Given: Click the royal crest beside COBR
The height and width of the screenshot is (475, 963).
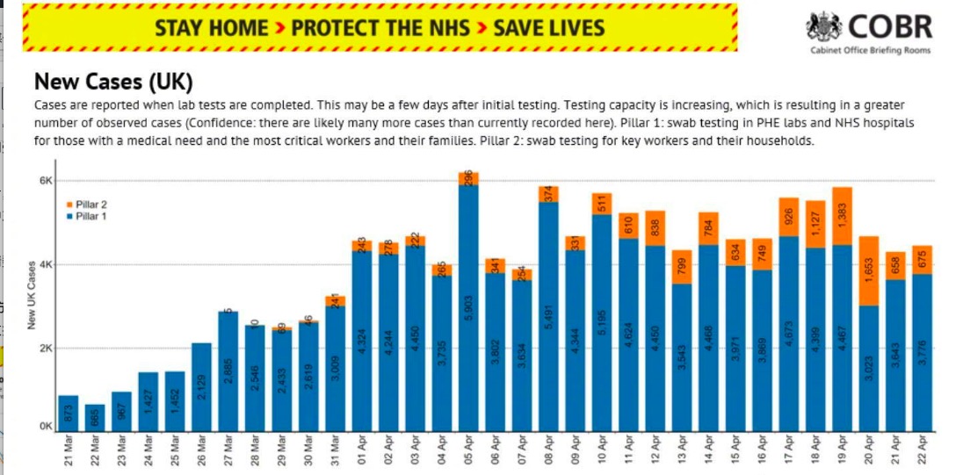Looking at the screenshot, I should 825,26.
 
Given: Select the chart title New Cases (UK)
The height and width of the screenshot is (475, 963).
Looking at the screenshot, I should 113,83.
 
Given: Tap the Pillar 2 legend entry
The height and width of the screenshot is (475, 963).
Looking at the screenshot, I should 91,204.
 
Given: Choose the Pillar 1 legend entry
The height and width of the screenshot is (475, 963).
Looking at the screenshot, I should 91,215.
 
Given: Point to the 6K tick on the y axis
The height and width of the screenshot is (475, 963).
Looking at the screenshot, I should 45,181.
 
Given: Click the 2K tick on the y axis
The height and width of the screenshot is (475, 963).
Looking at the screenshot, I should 45,348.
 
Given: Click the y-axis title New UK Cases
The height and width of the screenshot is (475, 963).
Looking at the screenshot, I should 32,295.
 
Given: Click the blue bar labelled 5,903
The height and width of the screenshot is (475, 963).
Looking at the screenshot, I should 468,307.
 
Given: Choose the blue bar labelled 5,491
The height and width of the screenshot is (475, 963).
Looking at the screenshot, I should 548,316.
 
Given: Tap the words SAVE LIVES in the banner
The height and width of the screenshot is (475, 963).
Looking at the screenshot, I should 549,27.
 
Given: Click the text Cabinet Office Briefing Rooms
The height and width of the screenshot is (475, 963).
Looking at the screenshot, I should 869,51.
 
